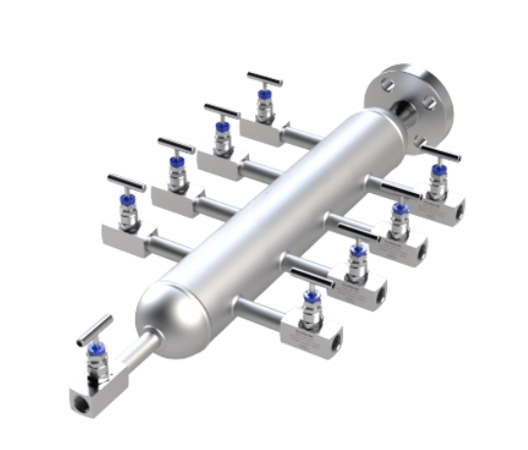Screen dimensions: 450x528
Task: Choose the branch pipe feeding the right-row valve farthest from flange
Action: point(264,306)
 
